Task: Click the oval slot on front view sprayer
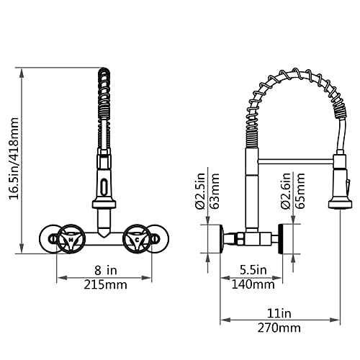pyautogui.click(x=105, y=186)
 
